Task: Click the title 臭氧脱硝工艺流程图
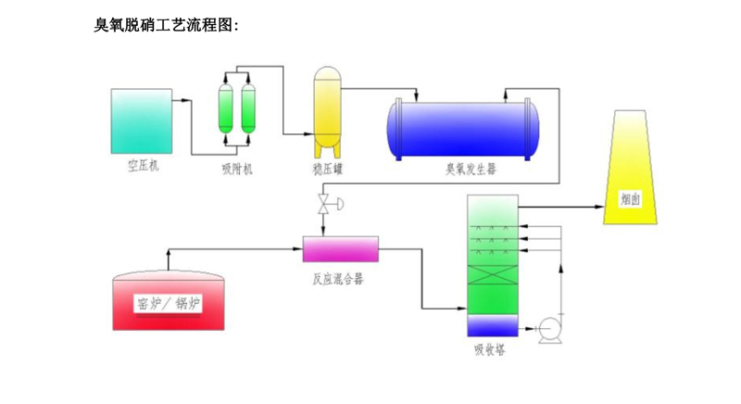click(167, 25)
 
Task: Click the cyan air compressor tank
click(140, 120)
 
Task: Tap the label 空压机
click(142, 168)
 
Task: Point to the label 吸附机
click(236, 169)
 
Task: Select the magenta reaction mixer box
click(341, 248)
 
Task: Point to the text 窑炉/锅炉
click(169, 303)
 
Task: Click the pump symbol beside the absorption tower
click(548, 327)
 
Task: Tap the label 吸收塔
click(489, 350)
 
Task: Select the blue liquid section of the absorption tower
click(490, 325)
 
